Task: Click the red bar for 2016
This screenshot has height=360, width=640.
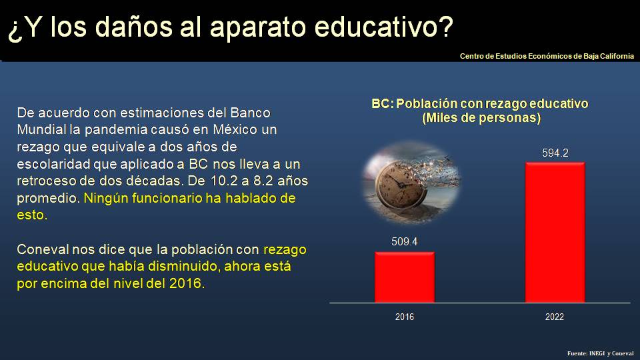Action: tap(404, 277)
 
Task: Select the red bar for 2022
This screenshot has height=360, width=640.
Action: tap(555, 232)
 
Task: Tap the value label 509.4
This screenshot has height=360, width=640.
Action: tap(404, 242)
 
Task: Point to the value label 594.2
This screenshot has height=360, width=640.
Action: tap(555, 153)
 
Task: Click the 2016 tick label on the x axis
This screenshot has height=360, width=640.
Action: tap(404, 317)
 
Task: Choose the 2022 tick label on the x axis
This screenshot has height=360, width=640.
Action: tap(555, 317)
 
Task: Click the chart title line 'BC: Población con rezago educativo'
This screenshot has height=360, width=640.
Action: tap(480, 105)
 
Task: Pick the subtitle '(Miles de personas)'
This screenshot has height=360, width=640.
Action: tap(481, 118)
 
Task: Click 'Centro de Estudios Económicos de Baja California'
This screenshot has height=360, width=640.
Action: tap(547, 57)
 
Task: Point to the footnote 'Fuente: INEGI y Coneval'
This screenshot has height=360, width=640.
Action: tap(600, 353)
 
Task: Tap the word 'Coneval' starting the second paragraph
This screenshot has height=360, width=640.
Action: tap(41, 250)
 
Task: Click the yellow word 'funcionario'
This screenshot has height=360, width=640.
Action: tap(164, 198)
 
